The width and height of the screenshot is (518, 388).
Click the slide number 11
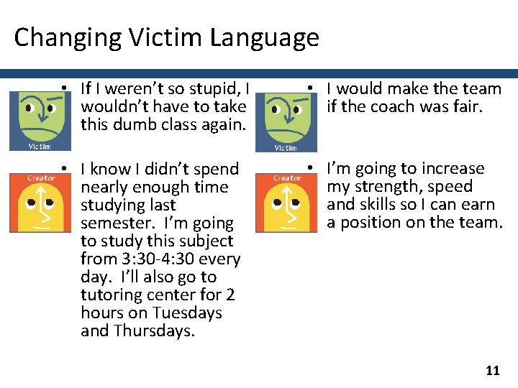(x=493, y=371)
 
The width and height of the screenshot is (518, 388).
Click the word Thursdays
(x=154, y=331)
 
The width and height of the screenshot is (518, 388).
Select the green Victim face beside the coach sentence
(x=286, y=119)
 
